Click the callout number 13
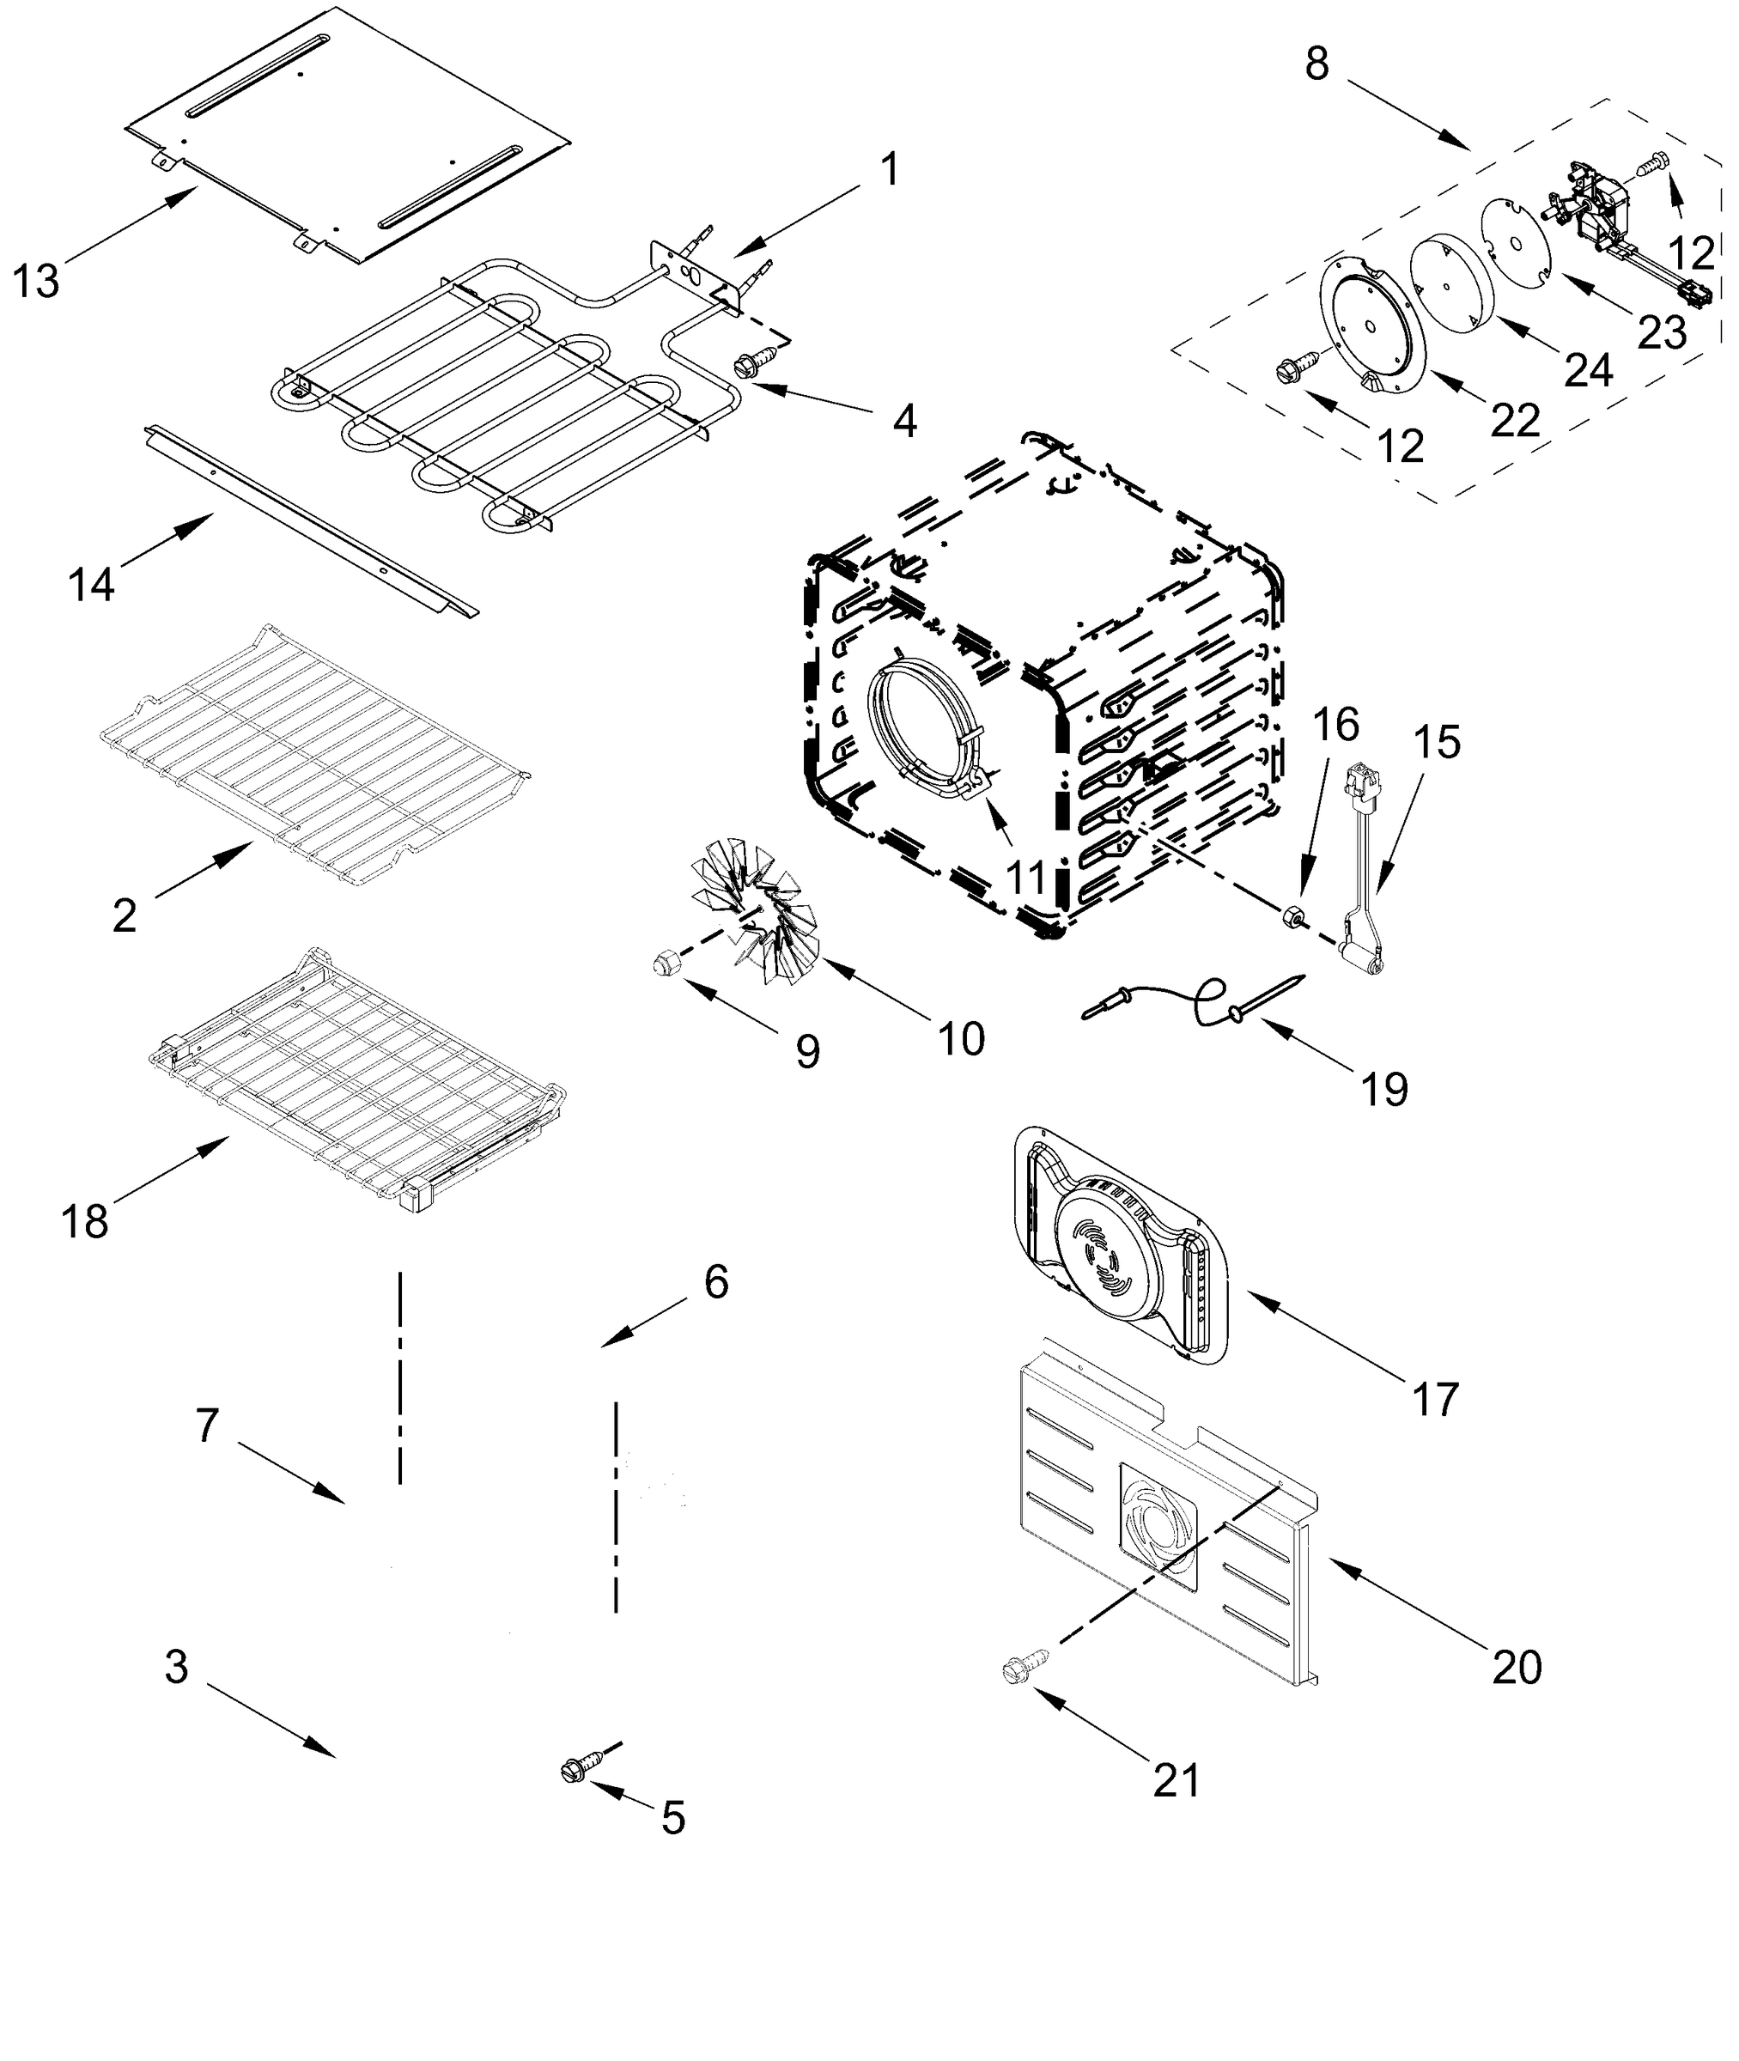[x=36, y=282]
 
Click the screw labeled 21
[x=1015, y=1669]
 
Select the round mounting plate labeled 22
[x=1372, y=326]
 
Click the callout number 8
[x=1317, y=64]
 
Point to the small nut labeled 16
[x=1292, y=915]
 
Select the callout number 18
[x=85, y=1222]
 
